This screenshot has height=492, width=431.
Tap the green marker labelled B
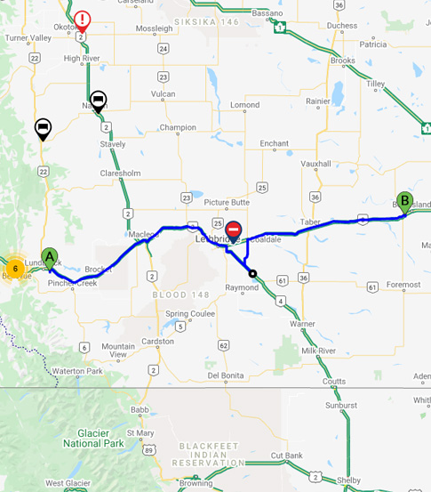(404, 200)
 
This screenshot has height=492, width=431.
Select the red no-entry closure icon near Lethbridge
(234, 230)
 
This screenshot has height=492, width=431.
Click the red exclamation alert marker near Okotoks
(82, 20)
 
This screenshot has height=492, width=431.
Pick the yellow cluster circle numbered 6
(15, 268)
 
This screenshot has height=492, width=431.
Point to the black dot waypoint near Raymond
(252, 274)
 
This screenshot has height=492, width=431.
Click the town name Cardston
(158, 341)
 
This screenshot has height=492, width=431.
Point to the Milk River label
(318, 351)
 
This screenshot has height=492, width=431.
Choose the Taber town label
(309, 222)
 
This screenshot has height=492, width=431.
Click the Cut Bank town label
(288, 456)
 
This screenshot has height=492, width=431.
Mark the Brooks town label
(342, 60)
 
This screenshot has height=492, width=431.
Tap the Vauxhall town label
(315, 164)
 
